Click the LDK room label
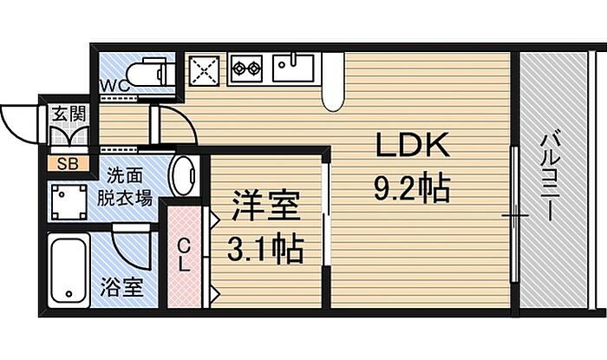coord(413,145)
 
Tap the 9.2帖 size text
coord(412,187)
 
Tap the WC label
coord(114,86)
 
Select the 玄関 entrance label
coord(69,114)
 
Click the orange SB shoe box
coord(69,164)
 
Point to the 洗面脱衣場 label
coord(124,187)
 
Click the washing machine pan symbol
coord(69,202)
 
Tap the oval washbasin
coord(183,175)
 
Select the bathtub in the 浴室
coord(69,271)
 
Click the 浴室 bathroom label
coord(122,287)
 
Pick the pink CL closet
coord(185,257)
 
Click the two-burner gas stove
coord(245,69)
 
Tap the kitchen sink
coord(293,69)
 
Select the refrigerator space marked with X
coord(205,70)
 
